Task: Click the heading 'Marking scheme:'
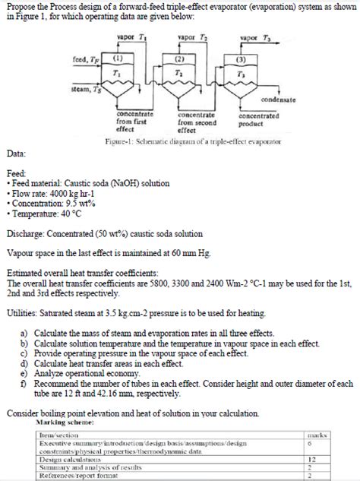click(67, 421)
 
